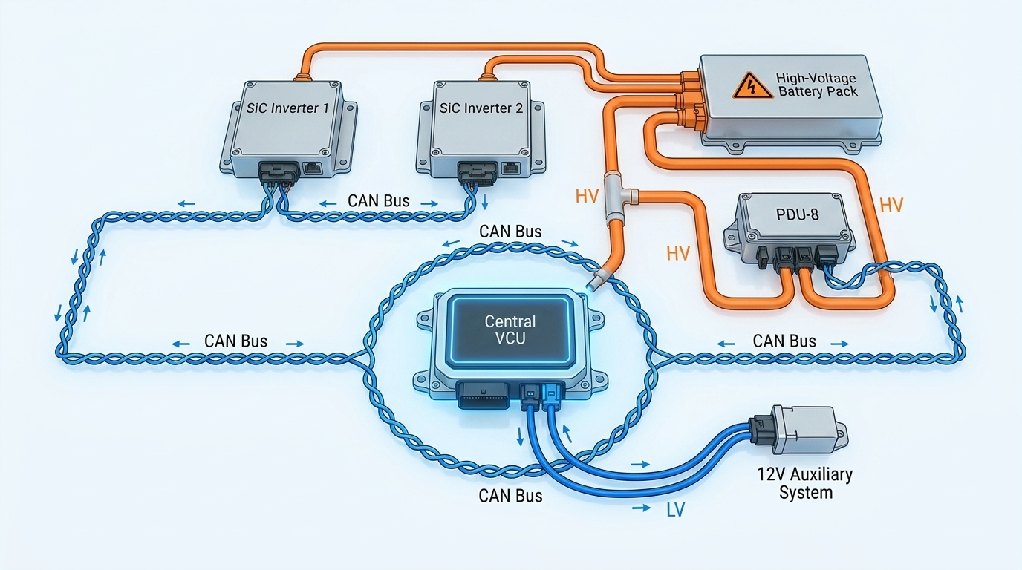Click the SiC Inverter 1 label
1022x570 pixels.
[x=287, y=108]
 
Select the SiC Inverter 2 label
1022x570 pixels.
[x=481, y=108]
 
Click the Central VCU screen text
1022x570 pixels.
[x=510, y=330]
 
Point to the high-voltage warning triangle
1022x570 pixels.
[x=753, y=86]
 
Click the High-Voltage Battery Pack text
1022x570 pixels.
[x=817, y=85]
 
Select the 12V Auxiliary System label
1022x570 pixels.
[x=805, y=483]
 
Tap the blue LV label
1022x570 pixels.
[x=675, y=509]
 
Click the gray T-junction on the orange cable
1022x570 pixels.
[x=619, y=197]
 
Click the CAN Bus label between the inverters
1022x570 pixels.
[x=378, y=200]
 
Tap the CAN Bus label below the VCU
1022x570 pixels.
[x=510, y=496]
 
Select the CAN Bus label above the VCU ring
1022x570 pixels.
[x=510, y=232]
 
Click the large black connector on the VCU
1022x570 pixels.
[x=484, y=395]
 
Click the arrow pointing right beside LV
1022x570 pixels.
[x=641, y=508]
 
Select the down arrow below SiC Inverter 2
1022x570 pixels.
[x=484, y=202]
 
